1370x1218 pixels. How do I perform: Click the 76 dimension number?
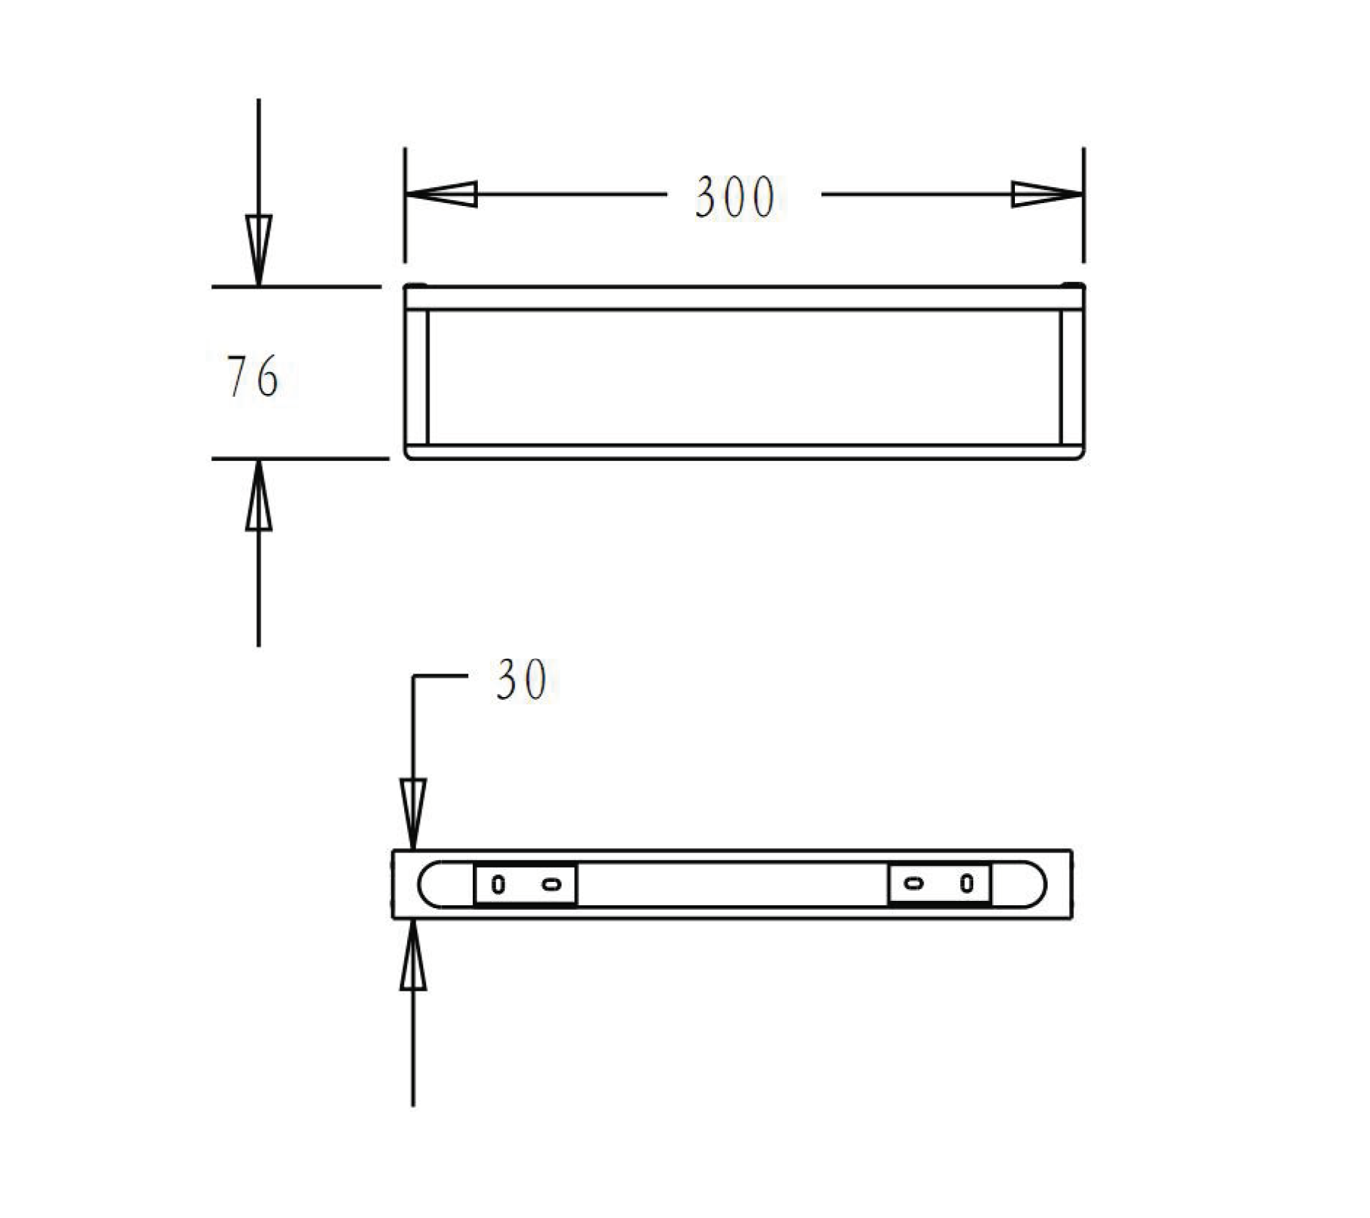pos(253,377)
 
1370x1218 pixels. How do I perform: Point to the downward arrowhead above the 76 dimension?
pos(259,248)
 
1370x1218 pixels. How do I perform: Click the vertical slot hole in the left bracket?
pos(498,884)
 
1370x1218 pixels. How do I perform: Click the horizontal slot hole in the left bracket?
pos(552,884)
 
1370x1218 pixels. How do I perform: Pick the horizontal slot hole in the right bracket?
pos(914,883)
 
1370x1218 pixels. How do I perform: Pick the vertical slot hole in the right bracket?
pos(967,883)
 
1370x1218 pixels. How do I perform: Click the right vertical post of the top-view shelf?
pos(1072,377)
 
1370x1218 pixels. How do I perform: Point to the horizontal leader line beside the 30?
pos(441,676)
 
